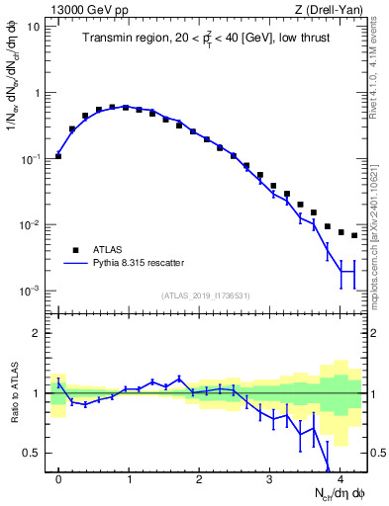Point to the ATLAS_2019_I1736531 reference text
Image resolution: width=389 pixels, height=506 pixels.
[204, 295]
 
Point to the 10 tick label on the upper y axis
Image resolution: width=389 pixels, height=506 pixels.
[34, 27]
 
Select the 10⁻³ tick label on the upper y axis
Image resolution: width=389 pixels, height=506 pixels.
[30, 291]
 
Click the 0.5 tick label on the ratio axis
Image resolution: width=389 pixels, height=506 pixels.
[32, 453]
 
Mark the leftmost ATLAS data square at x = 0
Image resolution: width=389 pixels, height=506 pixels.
[58, 155]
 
